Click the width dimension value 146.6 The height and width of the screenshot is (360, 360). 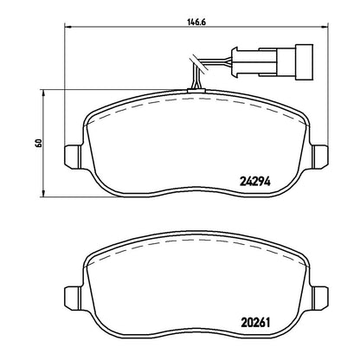pyautogui.click(x=196, y=22)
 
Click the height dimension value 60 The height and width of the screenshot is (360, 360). pyautogui.click(x=38, y=143)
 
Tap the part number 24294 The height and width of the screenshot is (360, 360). pyautogui.click(x=255, y=181)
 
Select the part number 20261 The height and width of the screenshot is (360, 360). pyautogui.click(x=255, y=323)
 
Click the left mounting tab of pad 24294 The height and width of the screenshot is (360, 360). pyautogui.click(x=71, y=156)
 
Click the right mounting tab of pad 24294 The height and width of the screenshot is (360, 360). pyautogui.click(x=320, y=156)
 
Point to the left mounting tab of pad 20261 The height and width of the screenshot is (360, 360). pyautogui.click(x=71, y=298)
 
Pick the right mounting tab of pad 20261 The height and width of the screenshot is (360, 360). pyautogui.click(x=320, y=298)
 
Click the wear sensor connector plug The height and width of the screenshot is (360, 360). pyautogui.click(x=272, y=62)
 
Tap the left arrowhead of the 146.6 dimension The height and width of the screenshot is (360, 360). pyautogui.click(x=67, y=27)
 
